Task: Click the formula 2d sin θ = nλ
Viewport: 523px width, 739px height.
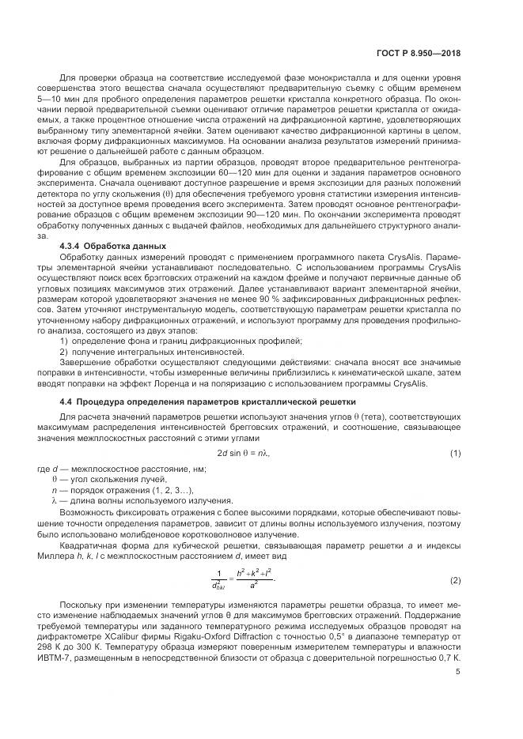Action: pyautogui.click(x=249, y=452)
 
